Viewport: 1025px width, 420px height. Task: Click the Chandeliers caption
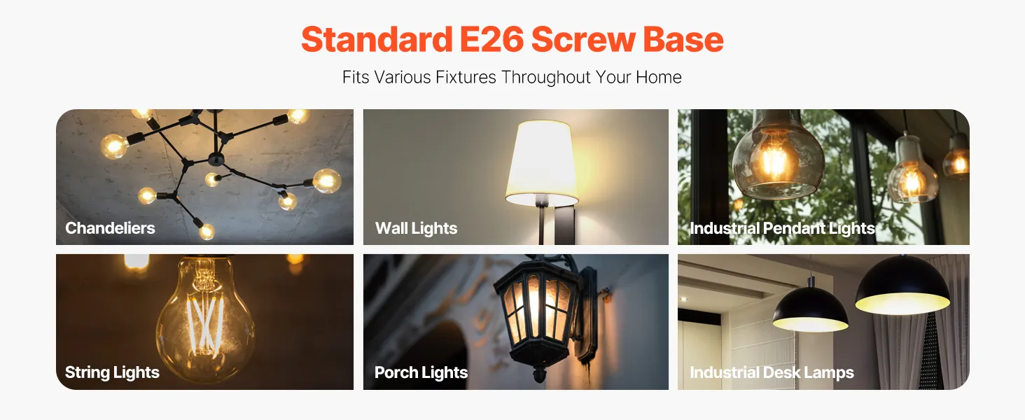point(110,228)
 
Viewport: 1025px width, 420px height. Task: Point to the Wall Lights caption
point(416,228)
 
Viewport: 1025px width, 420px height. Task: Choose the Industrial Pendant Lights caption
point(782,228)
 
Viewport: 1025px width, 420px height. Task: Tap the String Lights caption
point(112,372)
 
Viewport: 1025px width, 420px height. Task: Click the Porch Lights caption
point(421,372)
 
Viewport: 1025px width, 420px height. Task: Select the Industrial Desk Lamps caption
point(772,372)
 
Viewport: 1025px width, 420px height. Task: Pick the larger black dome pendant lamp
point(902,286)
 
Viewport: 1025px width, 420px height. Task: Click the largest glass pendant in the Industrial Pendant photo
point(769,157)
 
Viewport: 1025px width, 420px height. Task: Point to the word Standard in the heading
point(377,40)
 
